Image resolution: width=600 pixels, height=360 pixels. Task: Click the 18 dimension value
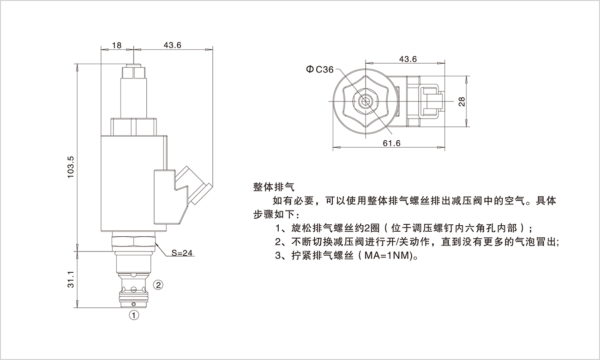[117, 45]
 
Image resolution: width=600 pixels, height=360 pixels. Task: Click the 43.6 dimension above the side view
[172, 45]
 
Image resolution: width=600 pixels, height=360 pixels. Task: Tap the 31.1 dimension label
[71, 279]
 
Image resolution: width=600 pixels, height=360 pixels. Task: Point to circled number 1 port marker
[133, 315]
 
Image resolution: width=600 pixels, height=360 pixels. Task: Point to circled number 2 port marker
[158, 284]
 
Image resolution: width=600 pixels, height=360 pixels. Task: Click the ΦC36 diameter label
[319, 69]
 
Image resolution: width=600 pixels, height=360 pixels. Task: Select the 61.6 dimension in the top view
[391, 144]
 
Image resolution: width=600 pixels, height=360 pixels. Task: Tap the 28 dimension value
[462, 102]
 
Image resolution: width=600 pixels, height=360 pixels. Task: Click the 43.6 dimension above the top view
[408, 59]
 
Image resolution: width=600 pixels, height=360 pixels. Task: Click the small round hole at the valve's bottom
[133, 304]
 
